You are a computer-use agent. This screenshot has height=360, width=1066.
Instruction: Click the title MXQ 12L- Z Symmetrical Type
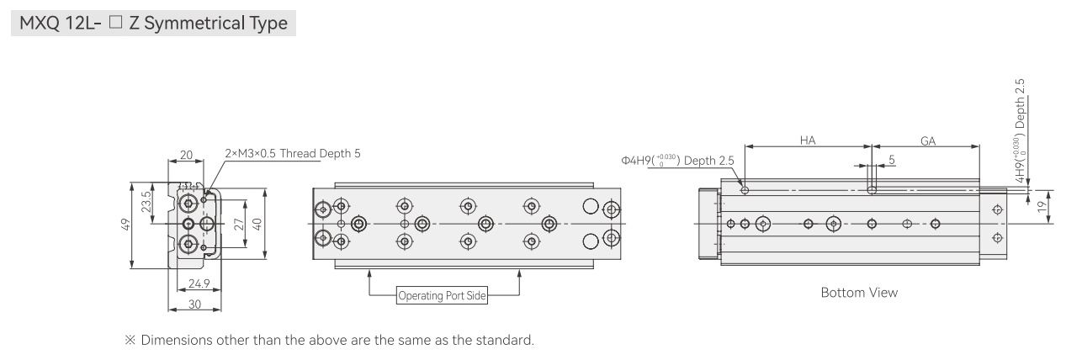tap(153, 23)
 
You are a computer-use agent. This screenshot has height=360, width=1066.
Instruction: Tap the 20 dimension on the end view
tap(186, 155)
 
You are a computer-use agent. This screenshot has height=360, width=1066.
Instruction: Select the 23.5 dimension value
tap(146, 202)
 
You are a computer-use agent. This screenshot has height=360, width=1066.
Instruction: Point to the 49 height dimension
tap(125, 225)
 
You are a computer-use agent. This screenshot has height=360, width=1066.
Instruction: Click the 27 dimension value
tap(239, 224)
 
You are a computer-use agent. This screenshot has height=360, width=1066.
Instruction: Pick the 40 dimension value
tap(257, 224)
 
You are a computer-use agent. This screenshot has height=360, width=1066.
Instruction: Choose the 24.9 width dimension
tap(199, 284)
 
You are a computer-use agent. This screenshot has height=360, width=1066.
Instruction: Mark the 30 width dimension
tap(194, 304)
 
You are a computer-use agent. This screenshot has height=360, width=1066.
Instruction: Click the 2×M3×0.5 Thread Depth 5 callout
tap(293, 154)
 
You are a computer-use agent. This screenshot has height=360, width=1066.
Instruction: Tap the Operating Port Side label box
tap(442, 295)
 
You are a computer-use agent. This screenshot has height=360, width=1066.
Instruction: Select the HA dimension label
tap(808, 140)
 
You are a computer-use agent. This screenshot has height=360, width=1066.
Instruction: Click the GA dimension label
tap(927, 141)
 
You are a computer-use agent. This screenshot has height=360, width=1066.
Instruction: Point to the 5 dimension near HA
tap(892, 160)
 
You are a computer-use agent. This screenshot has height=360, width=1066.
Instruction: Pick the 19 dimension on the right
tap(1042, 206)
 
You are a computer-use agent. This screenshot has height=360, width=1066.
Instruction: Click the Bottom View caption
tap(859, 293)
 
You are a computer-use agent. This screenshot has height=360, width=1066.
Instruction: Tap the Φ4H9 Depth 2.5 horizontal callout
tap(677, 161)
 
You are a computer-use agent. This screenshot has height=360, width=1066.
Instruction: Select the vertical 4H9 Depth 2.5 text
tap(1019, 130)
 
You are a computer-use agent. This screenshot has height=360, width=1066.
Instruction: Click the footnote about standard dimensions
tap(329, 340)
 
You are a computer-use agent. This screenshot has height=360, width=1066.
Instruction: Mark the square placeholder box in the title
tap(115, 22)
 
